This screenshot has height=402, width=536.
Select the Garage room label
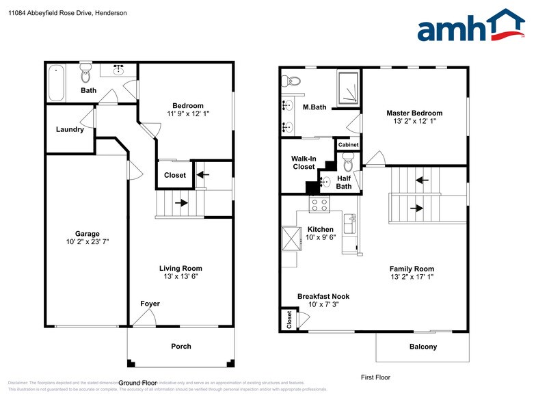point(87,233)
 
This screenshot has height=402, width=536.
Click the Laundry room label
point(70,129)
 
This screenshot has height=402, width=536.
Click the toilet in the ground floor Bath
point(86,72)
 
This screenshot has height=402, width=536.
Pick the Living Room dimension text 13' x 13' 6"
point(180,277)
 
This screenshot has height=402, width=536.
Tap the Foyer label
point(150,304)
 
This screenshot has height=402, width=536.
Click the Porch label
point(180,346)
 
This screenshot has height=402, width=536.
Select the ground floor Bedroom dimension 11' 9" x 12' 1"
point(188,113)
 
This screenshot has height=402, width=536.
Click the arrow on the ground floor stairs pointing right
point(181,203)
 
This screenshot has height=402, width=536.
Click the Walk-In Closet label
point(304,162)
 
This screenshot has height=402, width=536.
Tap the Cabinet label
point(347,145)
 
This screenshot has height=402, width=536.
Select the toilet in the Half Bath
point(347,164)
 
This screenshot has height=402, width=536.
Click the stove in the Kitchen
point(319,204)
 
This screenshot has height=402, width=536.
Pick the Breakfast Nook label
point(323,296)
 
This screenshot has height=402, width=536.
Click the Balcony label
point(423,347)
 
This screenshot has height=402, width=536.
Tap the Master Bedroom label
point(414,113)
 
